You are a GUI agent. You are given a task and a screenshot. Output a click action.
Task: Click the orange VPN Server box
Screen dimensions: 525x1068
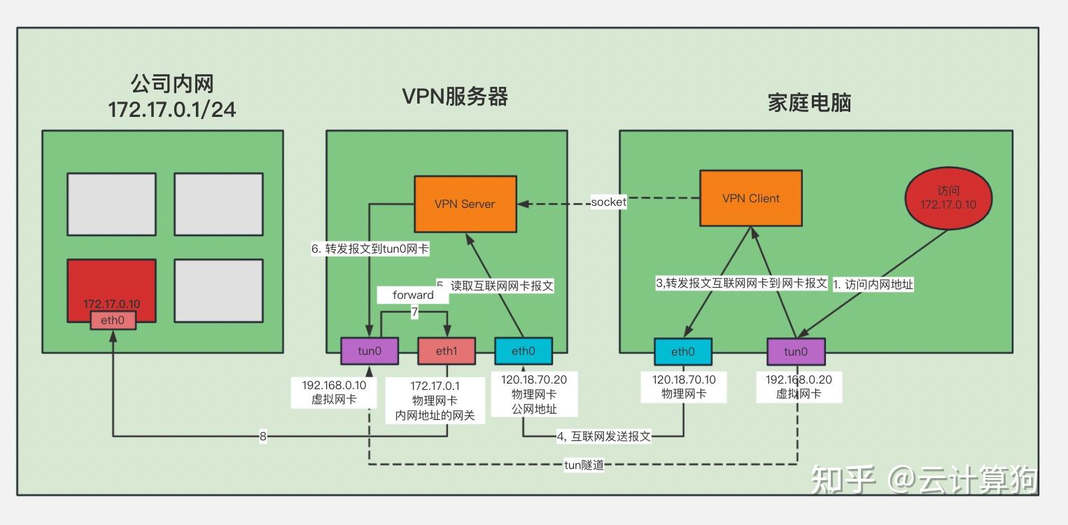tap(465, 204)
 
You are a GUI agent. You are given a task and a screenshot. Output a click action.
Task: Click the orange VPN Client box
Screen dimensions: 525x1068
tap(751, 198)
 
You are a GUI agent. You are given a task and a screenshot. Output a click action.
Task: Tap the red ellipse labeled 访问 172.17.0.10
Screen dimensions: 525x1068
tap(948, 198)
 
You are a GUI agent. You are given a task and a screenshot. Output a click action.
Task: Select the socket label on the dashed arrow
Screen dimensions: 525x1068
tap(608, 202)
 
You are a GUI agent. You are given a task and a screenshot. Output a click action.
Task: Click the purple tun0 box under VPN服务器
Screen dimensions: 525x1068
tap(369, 351)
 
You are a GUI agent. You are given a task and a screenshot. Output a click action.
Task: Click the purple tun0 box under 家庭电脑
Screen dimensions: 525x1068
tap(796, 351)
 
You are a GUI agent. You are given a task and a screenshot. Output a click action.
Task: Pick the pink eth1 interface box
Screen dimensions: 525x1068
tap(446, 351)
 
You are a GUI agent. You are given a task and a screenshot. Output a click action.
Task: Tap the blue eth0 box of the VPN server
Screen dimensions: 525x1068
tap(523, 351)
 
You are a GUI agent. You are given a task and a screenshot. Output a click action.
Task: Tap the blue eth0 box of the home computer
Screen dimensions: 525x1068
tap(683, 351)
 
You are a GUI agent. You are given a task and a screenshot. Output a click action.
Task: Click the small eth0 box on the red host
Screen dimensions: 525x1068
tap(113, 321)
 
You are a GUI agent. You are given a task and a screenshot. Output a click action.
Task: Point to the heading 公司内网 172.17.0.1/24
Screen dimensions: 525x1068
tap(172, 97)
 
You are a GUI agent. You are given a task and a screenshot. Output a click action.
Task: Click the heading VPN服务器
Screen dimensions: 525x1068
tap(455, 97)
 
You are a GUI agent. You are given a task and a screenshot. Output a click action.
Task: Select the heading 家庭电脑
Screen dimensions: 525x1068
tap(809, 103)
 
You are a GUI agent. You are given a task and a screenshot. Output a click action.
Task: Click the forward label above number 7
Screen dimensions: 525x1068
tap(413, 295)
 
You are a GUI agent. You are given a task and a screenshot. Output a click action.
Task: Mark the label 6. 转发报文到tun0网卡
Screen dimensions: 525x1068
tap(370, 248)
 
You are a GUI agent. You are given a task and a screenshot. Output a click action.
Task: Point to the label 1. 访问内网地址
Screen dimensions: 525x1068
tap(873, 284)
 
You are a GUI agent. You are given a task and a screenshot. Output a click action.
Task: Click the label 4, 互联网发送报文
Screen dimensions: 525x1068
tap(604, 436)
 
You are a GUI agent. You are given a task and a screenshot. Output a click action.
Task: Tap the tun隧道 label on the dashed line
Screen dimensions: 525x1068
tap(584, 465)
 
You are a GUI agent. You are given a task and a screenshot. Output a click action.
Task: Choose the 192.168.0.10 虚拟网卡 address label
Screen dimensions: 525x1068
tap(334, 392)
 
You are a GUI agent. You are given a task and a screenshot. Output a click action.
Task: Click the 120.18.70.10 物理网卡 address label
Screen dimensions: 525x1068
tap(684, 386)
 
